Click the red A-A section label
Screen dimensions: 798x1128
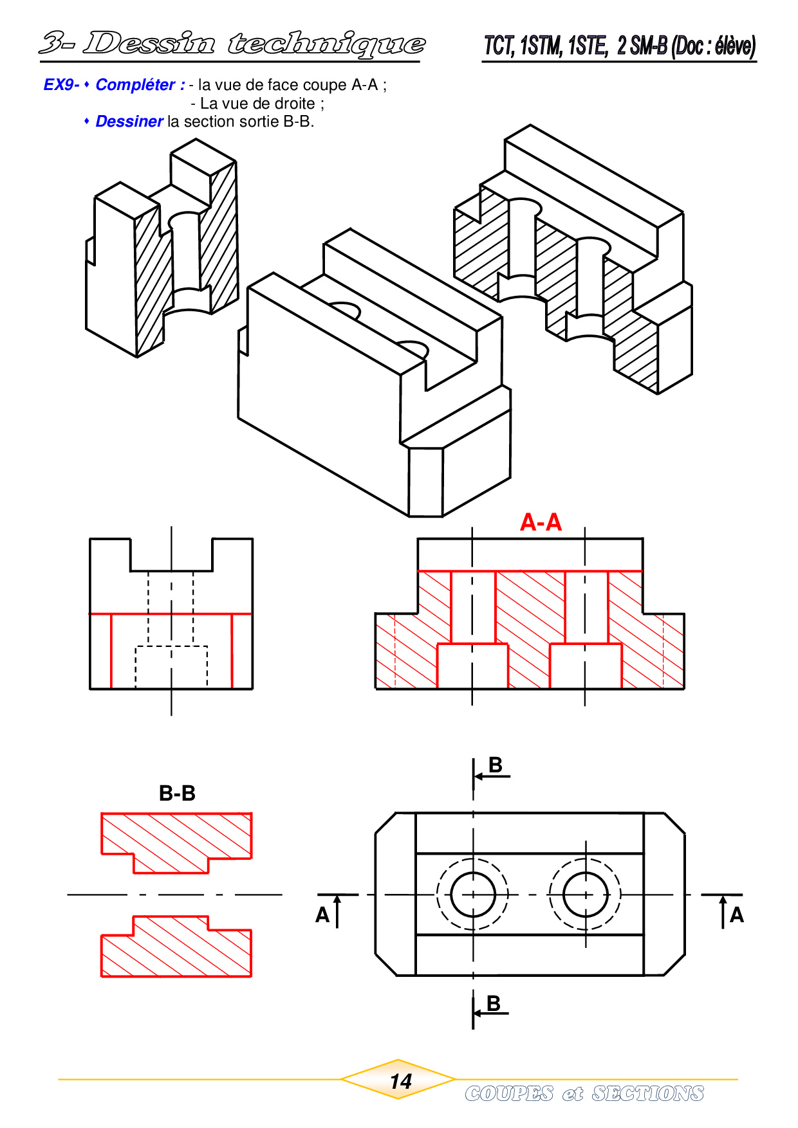point(541,522)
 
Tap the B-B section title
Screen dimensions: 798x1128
point(177,794)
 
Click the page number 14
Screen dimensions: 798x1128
point(400,1082)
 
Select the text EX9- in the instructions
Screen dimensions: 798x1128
point(61,85)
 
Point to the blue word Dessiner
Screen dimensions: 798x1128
point(129,122)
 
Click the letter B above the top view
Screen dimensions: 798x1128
point(495,765)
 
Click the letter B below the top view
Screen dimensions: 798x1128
point(494,1003)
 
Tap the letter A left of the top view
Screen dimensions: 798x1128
point(322,915)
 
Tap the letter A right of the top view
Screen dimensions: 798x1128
point(736,915)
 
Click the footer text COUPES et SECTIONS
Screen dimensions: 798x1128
point(584,1093)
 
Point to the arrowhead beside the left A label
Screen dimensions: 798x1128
point(337,900)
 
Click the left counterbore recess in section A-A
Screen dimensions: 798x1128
point(472,666)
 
